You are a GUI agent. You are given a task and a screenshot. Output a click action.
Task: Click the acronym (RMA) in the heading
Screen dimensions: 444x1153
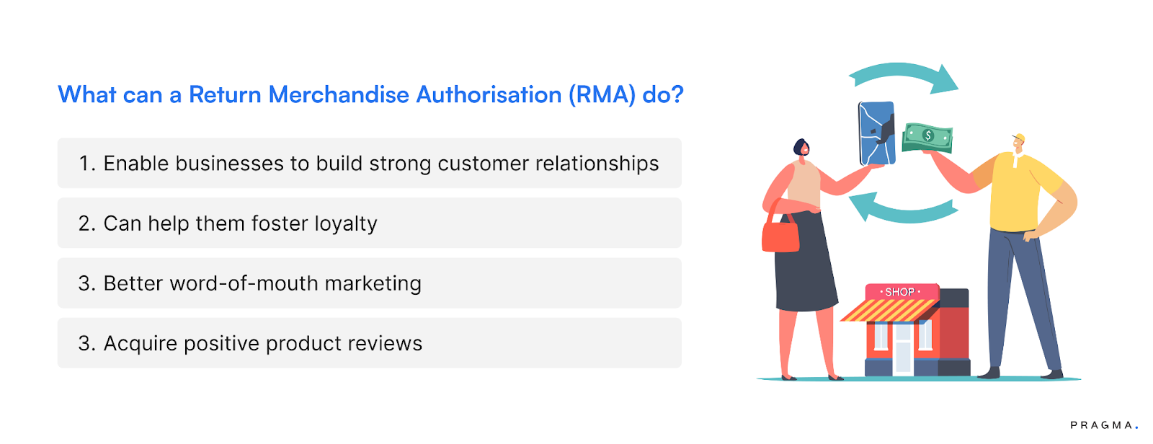coord(602,95)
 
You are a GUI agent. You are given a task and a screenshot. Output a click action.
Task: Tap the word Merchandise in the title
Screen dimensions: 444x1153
coord(339,95)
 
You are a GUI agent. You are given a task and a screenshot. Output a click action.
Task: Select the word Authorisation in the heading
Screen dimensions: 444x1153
coord(489,95)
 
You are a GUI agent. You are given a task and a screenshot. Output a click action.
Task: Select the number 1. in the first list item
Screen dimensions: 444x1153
coord(87,164)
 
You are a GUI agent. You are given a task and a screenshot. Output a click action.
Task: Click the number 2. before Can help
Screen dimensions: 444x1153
coord(87,224)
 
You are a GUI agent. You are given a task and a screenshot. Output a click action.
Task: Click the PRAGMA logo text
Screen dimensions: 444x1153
coord(1103,425)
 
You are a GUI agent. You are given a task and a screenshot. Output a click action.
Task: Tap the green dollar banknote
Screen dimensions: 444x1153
coord(928,136)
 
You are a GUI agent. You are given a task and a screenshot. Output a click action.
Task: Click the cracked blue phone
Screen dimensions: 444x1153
coord(877,133)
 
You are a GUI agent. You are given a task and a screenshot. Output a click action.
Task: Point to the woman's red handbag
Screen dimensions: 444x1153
coord(780,235)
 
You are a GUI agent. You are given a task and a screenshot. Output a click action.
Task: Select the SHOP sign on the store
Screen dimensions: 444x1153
coord(900,292)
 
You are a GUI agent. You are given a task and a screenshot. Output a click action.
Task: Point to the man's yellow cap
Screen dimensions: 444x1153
coord(1019,137)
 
